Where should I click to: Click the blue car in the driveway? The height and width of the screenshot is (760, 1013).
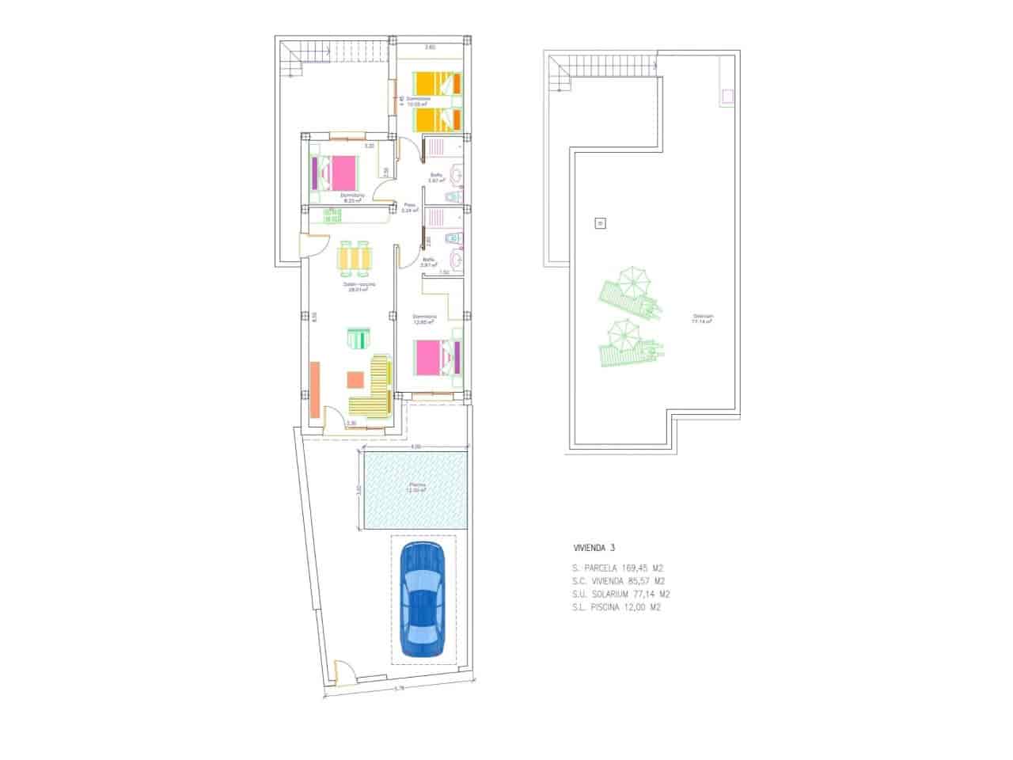(x=423, y=599)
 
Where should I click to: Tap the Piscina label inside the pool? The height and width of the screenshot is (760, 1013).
(x=417, y=487)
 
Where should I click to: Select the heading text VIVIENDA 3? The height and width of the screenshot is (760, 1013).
(x=594, y=547)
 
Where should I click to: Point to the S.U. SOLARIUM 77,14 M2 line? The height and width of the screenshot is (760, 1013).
(x=621, y=595)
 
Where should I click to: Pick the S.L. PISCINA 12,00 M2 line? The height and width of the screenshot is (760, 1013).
(x=616, y=608)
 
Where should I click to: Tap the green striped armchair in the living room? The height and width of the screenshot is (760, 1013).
(x=358, y=339)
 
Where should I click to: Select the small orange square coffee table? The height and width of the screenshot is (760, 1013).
(x=354, y=380)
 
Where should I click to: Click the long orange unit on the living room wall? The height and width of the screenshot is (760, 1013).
(x=315, y=389)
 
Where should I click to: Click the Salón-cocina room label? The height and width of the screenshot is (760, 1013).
(x=359, y=286)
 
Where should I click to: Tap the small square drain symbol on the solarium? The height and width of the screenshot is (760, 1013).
(x=599, y=223)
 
